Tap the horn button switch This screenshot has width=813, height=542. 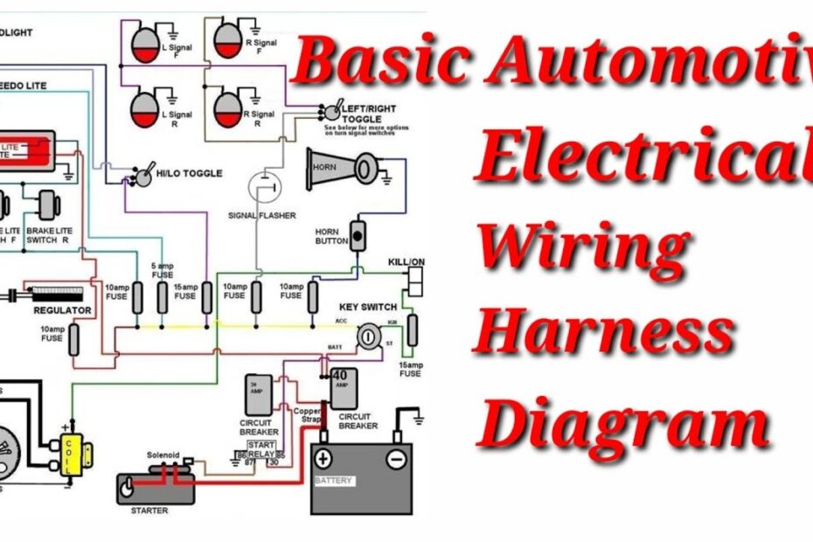[357, 236]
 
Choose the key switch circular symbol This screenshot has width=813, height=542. [370, 334]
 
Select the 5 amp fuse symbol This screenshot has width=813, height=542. [162, 297]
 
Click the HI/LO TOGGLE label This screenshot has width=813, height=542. [187, 173]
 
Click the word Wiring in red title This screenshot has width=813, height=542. [584, 247]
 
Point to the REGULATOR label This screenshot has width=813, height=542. [63, 309]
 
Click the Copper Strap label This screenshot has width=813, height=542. [307, 414]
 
